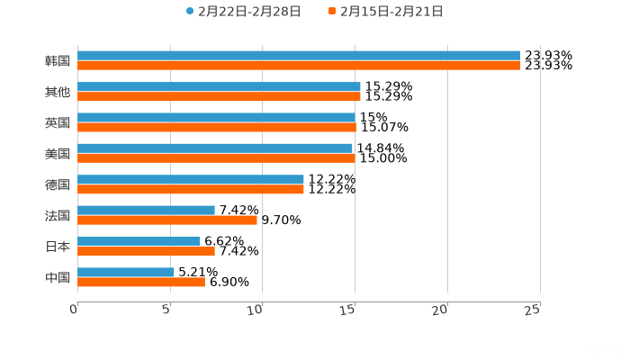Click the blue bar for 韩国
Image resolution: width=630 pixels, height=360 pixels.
(x=298, y=56)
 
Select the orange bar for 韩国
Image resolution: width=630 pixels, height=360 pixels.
(x=298, y=66)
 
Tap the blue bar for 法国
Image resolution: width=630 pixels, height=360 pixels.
(x=146, y=210)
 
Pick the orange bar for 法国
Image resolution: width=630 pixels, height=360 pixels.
(x=166, y=220)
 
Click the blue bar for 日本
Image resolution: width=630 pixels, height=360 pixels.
(x=139, y=241)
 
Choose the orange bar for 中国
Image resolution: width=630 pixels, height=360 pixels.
(x=140, y=282)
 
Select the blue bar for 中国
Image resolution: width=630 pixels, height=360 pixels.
(x=126, y=272)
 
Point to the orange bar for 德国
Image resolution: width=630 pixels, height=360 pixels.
(x=190, y=189)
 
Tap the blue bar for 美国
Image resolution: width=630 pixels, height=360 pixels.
(x=214, y=148)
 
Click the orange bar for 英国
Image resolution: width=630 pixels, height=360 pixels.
(x=216, y=127)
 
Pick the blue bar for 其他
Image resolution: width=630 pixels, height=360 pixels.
(x=219, y=86)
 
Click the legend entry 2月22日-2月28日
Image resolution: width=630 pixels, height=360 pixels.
(x=243, y=12)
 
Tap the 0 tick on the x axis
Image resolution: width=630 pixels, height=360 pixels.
(x=74, y=310)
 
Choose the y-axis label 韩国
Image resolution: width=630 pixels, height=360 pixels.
(x=58, y=61)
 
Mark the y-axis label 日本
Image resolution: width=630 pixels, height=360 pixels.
(x=58, y=247)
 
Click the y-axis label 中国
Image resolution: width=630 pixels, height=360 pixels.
(x=58, y=277)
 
